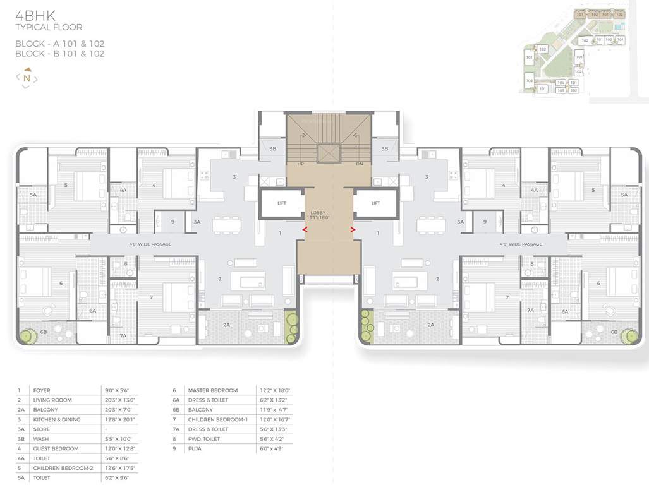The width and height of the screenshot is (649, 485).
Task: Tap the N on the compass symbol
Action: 27,78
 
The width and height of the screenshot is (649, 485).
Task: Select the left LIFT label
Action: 282,203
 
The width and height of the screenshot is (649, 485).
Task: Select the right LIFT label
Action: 375,203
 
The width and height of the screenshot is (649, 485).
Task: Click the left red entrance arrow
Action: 305,230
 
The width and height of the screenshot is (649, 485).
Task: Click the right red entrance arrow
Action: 352,230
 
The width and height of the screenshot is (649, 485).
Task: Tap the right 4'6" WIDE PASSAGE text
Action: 521,244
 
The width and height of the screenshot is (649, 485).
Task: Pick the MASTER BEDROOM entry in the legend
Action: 213,390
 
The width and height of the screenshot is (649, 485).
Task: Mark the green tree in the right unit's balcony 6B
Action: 629,335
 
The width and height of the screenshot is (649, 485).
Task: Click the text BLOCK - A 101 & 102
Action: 60,44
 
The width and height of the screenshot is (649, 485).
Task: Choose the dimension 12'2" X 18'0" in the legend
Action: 275,390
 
